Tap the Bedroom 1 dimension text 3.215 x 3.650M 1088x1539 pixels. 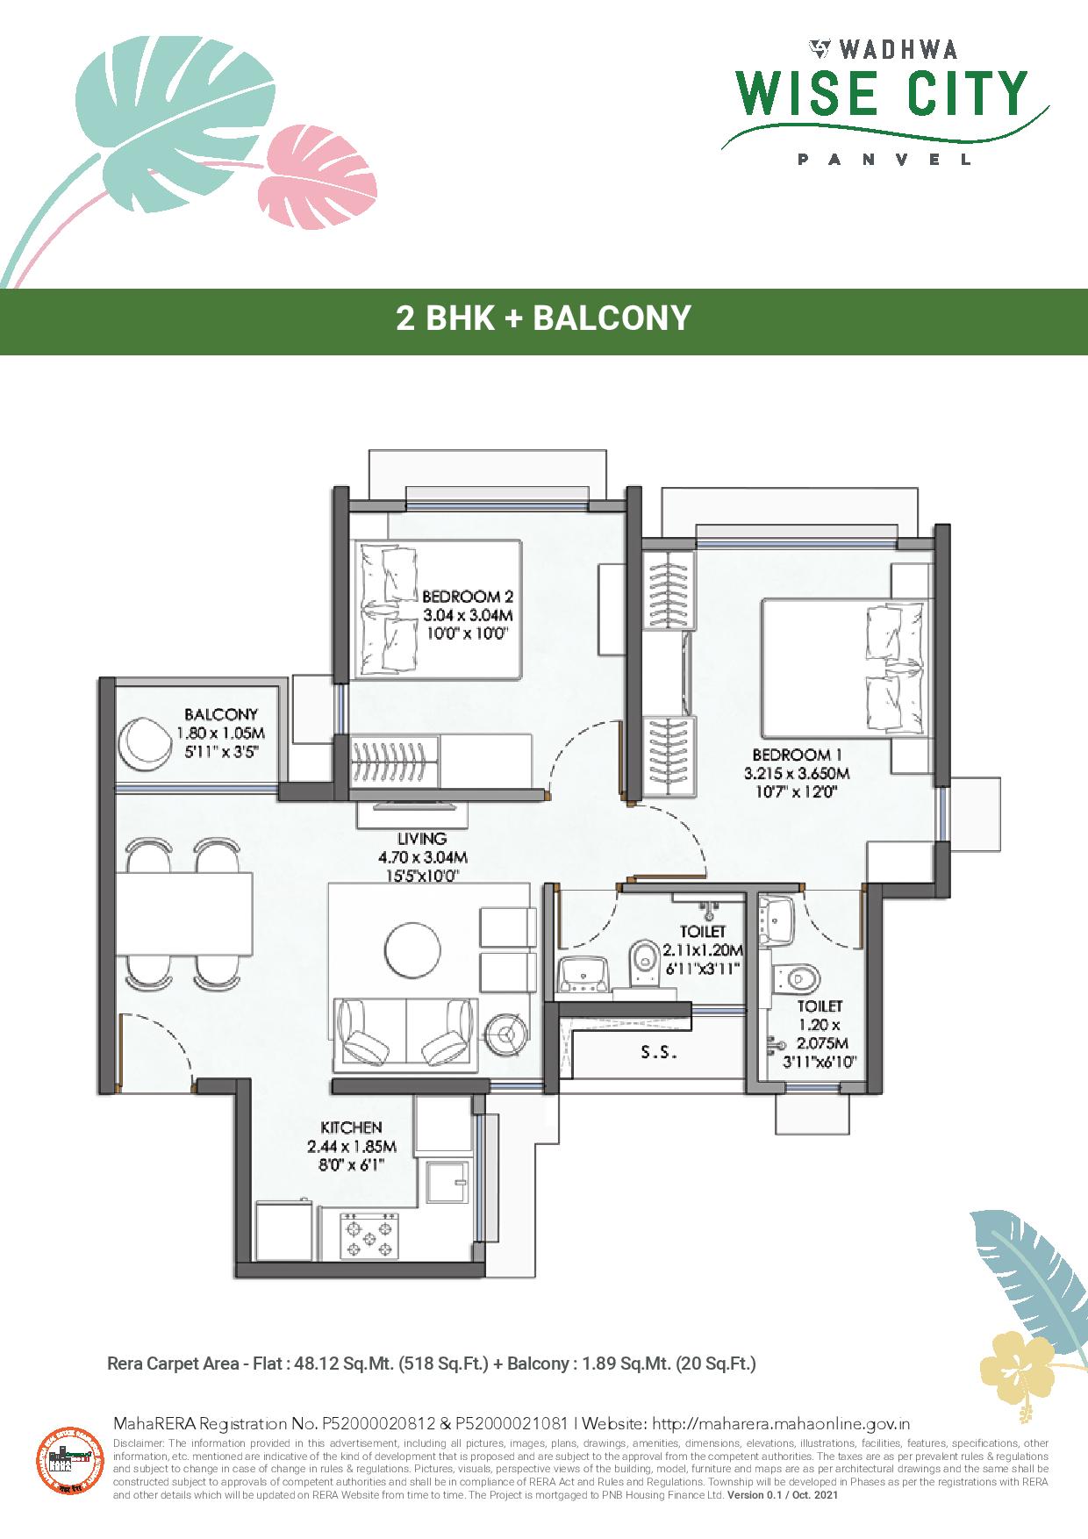796,773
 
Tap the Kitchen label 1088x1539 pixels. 351,1127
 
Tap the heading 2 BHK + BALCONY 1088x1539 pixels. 543,318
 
